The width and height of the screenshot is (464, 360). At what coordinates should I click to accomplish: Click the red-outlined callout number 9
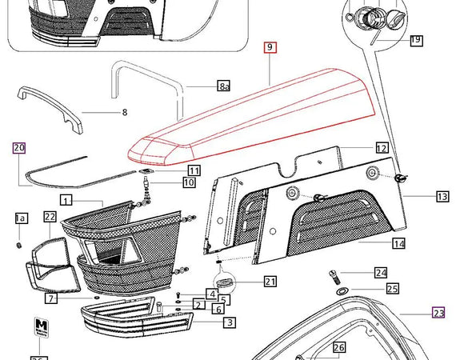click(270, 48)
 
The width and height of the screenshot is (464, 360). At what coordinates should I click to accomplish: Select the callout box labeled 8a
click(224, 85)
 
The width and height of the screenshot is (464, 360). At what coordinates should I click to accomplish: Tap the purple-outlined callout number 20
click(19, 147)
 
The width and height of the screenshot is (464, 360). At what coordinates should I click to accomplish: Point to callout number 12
click(382, 148)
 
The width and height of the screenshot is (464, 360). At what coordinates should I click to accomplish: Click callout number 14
click(398, 243)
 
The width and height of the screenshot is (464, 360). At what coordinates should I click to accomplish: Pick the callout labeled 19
click(416, 39)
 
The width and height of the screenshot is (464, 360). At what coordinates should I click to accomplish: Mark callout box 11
click(194, 170)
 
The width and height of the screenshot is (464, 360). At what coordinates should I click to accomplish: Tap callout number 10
click(189, 182)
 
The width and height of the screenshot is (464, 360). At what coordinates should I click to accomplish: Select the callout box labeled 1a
click(22, 218)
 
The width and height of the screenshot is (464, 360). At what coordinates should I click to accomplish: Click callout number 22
click(50, 216)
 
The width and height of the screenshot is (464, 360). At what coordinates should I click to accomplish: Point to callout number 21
click(270, 281)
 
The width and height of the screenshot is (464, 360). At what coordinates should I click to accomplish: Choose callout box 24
click(381, 273)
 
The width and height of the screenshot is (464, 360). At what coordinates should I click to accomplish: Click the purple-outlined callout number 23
click(438, 313)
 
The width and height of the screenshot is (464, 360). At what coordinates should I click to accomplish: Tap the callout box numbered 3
click(229, 322)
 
